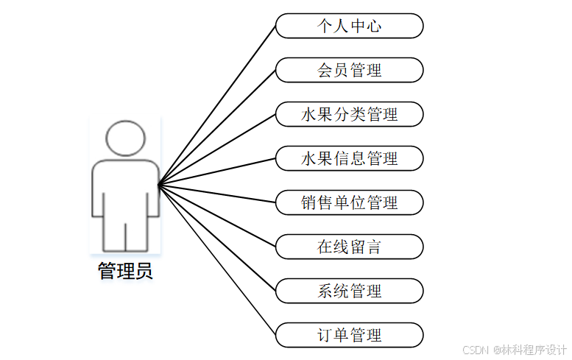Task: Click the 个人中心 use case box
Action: point(350,27)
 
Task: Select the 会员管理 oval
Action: point(350,71)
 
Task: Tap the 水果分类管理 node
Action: point(350,115)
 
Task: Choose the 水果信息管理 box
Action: point(350,158)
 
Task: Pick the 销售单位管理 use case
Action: point(350,202)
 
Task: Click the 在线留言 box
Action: point(350,247)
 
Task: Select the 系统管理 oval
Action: point(350,291)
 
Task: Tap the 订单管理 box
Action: point(350,335)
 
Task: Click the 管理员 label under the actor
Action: point(125,271)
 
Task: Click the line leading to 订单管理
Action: point(218,259)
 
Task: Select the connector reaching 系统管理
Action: point(218,237)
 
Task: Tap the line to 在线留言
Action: point(218,215)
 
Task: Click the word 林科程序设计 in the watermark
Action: point(534,350)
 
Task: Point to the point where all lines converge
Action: point(159,184)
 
